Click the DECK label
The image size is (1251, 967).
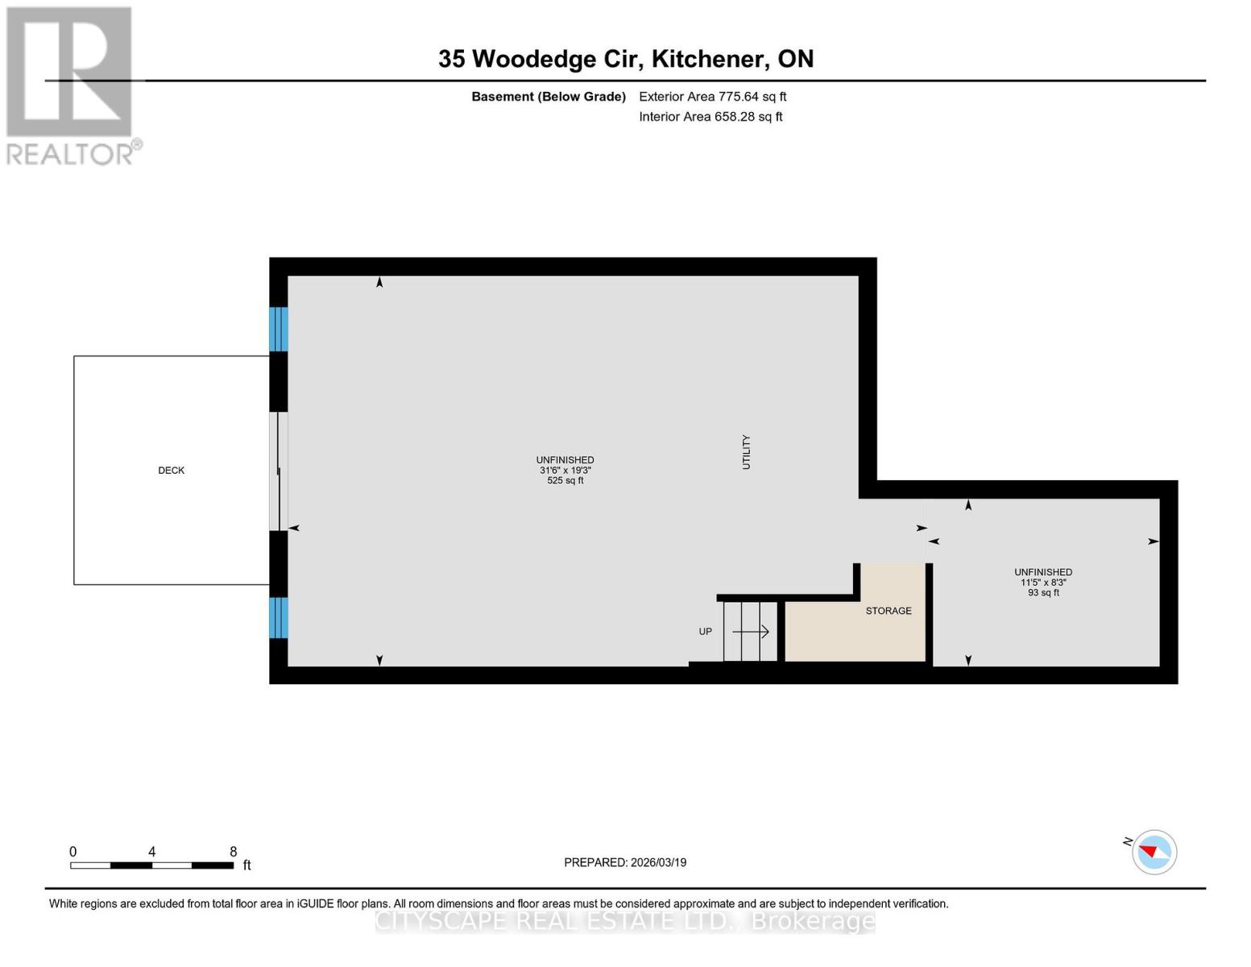pos(171,471)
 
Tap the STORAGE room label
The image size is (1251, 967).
pos(889,611)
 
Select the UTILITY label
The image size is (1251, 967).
pos(746,452)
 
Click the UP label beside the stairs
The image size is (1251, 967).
pos(706,632)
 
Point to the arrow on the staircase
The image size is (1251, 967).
pos(751,632)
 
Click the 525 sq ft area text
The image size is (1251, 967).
pos(565,481)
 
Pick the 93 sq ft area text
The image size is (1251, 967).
pos(1043,593)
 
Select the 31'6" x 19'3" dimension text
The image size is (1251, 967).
pos(565,471)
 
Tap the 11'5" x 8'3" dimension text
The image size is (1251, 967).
pos(1043,583)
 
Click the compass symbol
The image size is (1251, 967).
pos(1154,852)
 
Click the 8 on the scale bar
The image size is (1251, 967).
pos(234,852)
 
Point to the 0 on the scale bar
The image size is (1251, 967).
pos(73,852)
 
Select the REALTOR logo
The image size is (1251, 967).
pos(71,85)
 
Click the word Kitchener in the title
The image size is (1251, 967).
pos(708,59)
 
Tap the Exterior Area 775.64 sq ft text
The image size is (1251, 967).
pos(712,97)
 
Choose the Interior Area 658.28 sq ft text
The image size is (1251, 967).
pos(710,117)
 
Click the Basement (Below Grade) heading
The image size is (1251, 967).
pos(549,97)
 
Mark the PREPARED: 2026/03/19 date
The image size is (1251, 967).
pos(625,862)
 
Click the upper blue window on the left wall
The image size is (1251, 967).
pos(278,330)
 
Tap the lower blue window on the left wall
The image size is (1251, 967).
pos(278,617)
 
